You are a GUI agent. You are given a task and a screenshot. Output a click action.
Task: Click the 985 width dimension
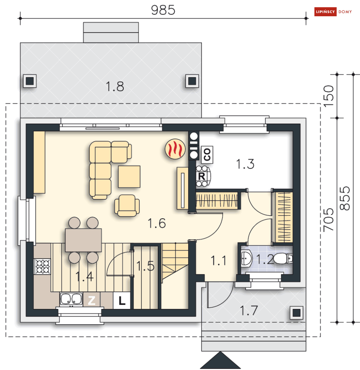tap(163, 10)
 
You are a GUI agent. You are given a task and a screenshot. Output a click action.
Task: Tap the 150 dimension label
tap(329, 96)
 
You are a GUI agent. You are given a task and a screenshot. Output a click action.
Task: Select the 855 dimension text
tap(345, 198)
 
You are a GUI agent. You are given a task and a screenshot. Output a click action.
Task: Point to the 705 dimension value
tap(329, 219)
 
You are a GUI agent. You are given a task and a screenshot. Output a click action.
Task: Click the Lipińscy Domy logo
tap(333, 12)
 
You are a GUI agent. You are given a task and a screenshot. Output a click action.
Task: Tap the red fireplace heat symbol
tap(175, 149)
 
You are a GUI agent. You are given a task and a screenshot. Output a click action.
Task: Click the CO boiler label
tap(207, 155)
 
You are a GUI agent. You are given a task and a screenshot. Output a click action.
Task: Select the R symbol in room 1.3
tap(202, 176)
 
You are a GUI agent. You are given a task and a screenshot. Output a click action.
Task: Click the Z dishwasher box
tap(92, 300)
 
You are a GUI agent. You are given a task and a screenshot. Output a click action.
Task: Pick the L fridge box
tap(122, 301)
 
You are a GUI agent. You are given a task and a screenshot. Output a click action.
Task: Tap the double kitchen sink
tap(71, 300)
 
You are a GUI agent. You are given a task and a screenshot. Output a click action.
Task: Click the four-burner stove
tap(43, 266)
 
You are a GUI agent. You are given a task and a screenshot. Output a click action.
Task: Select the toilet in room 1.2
tap(283, 259)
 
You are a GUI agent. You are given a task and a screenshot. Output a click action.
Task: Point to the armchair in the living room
tap(127, 206)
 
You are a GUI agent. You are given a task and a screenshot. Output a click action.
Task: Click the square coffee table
tap(129, 176)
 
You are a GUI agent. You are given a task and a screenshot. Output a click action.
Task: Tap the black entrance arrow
tap(220, 360)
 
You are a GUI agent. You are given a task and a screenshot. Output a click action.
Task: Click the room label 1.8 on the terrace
tap(115, 86)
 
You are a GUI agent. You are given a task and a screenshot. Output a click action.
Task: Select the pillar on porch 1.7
tap(296, 313)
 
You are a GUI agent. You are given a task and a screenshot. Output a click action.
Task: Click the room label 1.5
tap(145, 266)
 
